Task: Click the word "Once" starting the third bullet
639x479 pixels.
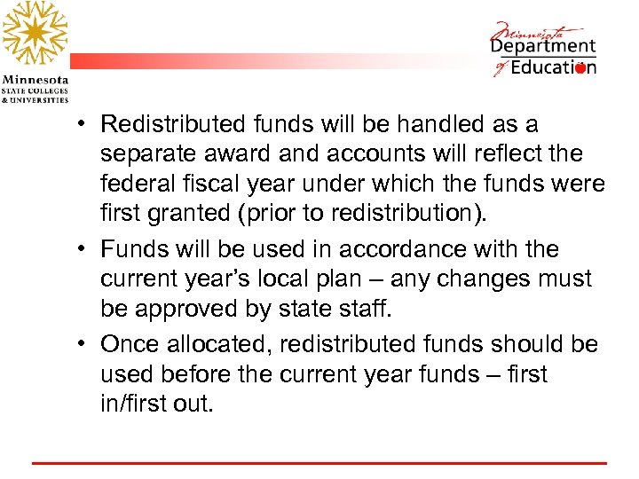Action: tap(128, 344)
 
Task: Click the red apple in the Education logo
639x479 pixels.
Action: tap(580, 68)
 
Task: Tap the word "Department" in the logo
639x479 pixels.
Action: tap(543, 47)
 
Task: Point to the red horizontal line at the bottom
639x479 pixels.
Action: tap(319, 463)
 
